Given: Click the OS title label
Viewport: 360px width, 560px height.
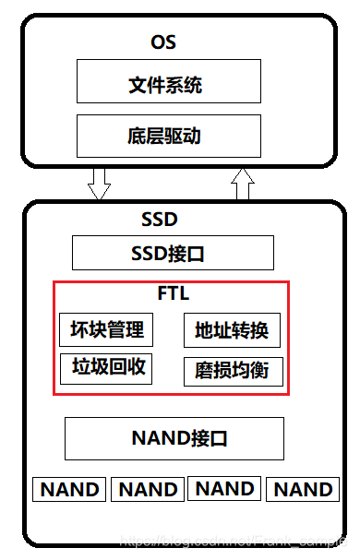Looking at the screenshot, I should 162,42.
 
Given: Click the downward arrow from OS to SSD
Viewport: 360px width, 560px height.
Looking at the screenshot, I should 99,183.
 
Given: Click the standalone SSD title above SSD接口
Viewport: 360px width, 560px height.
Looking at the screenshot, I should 159,220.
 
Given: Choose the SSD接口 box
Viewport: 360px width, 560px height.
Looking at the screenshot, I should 173,253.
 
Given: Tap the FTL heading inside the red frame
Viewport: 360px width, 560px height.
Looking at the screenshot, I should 173,294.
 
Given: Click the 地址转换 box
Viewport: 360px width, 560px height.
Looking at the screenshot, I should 232,330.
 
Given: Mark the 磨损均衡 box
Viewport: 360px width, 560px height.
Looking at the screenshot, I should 232,371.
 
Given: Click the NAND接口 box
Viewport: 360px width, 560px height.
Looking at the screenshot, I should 174,438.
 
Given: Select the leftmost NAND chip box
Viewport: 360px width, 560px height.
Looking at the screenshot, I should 70,489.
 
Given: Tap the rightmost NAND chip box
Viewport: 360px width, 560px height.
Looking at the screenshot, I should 304,489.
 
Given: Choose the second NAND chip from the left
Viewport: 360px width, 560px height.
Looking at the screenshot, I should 148,489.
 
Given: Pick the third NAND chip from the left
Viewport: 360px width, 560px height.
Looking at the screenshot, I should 225,489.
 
